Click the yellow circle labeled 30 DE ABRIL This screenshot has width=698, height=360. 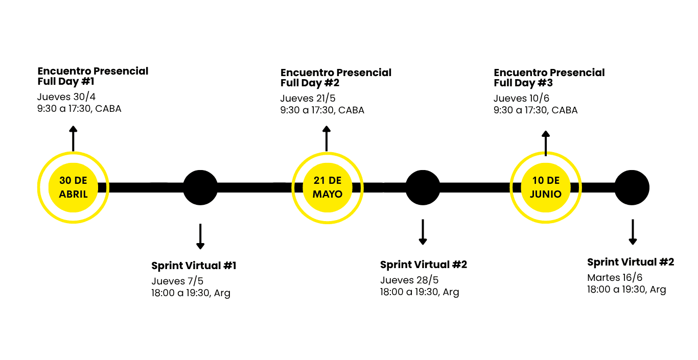pyautogui.click(x=73, y=187)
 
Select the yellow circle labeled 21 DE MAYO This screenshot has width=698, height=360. pyautogui.click(x=327, y=187)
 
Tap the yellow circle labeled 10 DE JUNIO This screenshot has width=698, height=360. pyautogui.click(x=546, y=187)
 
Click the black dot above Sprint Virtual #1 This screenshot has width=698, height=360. pyautogui.click(x=200, y=187)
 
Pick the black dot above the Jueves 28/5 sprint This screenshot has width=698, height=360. pyautogui.click(x=423, y=187)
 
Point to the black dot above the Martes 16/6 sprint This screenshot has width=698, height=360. pyautogui.click(x=632, y=187)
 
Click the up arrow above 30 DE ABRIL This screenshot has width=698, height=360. pyautogui.click(x=73, y=138)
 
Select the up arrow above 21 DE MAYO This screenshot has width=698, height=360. pyautogui.click(x=327, y=138)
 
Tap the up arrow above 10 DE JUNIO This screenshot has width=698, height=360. pyautogui.click(x=546, y=143)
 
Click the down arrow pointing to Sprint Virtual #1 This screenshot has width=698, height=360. pyautogui.click(x=200, y=236)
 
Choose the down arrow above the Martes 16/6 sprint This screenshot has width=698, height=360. pyautogui.click(x=633, y=232)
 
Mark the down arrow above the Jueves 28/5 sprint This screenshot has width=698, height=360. pyautogui.click(x=423, y=232)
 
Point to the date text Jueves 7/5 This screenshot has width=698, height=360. pyautogui.click(x=177, y=281)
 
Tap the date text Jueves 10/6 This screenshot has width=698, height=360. pyautogui.click(x=521, y=99)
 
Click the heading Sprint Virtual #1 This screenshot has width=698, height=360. pyautogui.click(x=194, y=266)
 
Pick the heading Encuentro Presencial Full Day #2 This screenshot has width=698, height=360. pyautogui.click(x=336, y=78)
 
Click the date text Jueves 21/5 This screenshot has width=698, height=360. pyautogui.click(x=308, y=99)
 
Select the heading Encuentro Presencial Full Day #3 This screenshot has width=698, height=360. pyautogui.click(x=549, y=78)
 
